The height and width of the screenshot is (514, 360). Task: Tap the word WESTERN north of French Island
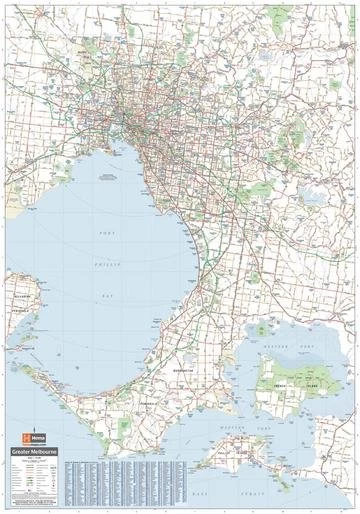275,345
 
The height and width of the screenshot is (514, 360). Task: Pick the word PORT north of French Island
310,345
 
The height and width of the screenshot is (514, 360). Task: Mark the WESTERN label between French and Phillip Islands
230,425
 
